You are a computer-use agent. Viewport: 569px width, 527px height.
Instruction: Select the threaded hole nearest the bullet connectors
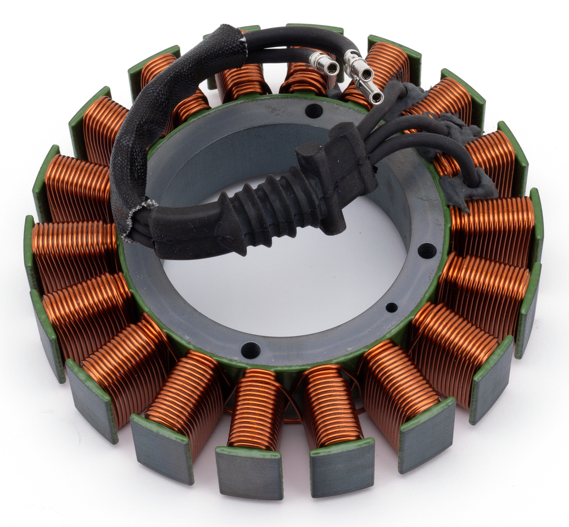pos(314,110)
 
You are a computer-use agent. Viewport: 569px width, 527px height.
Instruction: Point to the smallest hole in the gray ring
pos(391,307)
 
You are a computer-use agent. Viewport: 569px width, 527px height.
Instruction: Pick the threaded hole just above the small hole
pos(427,250)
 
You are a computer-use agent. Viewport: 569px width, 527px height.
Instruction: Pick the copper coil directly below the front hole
pos(255,409)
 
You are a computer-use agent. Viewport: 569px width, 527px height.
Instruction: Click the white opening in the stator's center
pos(286,285)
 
